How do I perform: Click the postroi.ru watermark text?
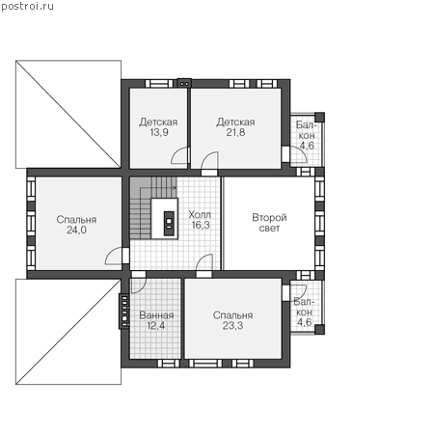coord(27,7)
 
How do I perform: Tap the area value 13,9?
coord(159,132)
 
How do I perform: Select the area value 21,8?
coord(235,132)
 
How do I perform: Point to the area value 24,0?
coord(76,230)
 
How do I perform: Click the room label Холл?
coord(200,214)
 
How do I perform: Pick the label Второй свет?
coord(269,223)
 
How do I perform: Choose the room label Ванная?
coord(156,315)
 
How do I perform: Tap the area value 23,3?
coord(232,326)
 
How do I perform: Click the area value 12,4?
coord(156,326)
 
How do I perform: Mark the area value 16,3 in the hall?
coord(201,225)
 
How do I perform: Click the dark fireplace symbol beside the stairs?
coord(169,224)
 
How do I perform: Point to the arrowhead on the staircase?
coord(175,187)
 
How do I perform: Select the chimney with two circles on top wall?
coord(184,83)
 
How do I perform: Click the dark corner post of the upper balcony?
coord(319,117)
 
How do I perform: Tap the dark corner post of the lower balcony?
coord(319,330)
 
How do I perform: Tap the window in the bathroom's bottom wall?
coord(169,364)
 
